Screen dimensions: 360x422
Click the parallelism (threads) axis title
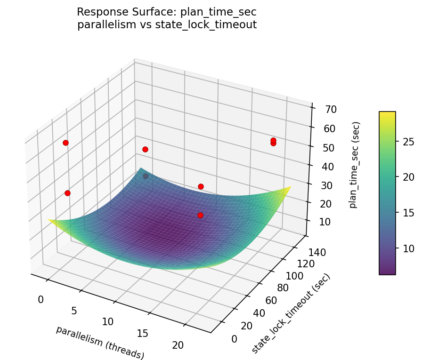point(100,342)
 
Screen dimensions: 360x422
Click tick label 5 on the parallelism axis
point(74,311)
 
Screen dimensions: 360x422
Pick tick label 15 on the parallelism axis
point(142,334)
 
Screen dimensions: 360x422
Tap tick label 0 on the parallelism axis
point(41,300)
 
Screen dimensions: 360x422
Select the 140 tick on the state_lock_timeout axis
point(314,253)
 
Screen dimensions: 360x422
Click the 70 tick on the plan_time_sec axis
point(331,110)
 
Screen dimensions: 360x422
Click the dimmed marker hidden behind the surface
point(146,176)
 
